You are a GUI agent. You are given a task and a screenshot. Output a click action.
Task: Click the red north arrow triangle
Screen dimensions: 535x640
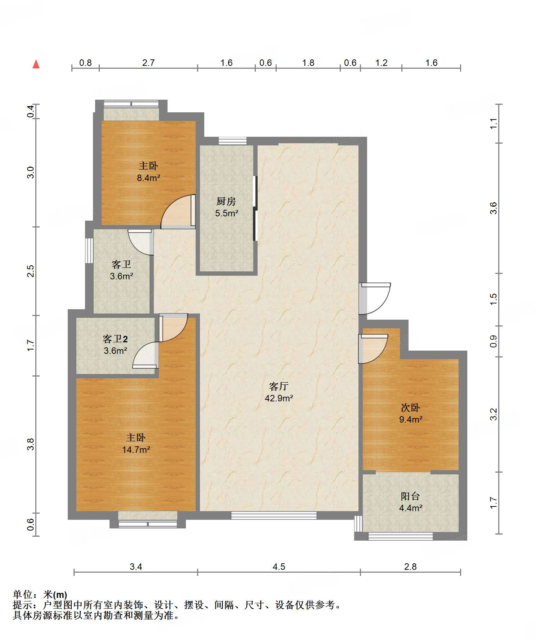pos(36,64)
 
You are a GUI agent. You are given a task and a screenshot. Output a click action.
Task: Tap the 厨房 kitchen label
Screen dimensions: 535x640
pos(226,201)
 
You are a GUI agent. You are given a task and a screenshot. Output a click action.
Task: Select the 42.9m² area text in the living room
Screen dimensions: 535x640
pos(279,398)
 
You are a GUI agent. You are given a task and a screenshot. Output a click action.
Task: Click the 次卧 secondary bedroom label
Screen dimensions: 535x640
pos(410,407)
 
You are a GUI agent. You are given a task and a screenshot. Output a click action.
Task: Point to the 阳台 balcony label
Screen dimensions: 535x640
pos(410,496)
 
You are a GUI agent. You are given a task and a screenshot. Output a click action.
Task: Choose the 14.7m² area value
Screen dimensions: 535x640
pos(136,450)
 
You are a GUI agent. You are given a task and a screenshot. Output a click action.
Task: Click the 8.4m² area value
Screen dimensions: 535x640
pos(148,178)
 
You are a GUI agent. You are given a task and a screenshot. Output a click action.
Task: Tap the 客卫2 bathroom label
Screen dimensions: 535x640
pos(115,339)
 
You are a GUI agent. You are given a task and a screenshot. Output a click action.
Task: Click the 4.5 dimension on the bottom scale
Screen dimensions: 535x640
pos(279,567)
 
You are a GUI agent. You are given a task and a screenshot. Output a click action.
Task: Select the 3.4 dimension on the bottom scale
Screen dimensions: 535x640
pos(136,567)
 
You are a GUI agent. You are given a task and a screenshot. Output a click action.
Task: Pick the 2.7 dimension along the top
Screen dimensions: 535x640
pos(148,63)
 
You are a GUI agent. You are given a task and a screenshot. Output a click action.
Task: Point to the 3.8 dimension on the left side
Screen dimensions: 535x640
pos(31,444)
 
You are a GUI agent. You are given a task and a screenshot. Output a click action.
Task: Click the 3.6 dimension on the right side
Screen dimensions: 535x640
pos(494,208)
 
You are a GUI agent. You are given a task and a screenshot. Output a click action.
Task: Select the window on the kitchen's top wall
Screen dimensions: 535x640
pos(232,141)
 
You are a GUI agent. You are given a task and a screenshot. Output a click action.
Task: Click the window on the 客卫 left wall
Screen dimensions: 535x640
pos(89,251)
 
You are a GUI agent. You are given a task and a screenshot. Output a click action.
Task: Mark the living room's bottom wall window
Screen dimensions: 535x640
pos(274,515)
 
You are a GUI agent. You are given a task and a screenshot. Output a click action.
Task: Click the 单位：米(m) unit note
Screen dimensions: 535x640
pos(40,595)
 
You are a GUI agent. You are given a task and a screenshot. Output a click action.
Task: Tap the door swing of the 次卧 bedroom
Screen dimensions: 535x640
pos(373,349)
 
